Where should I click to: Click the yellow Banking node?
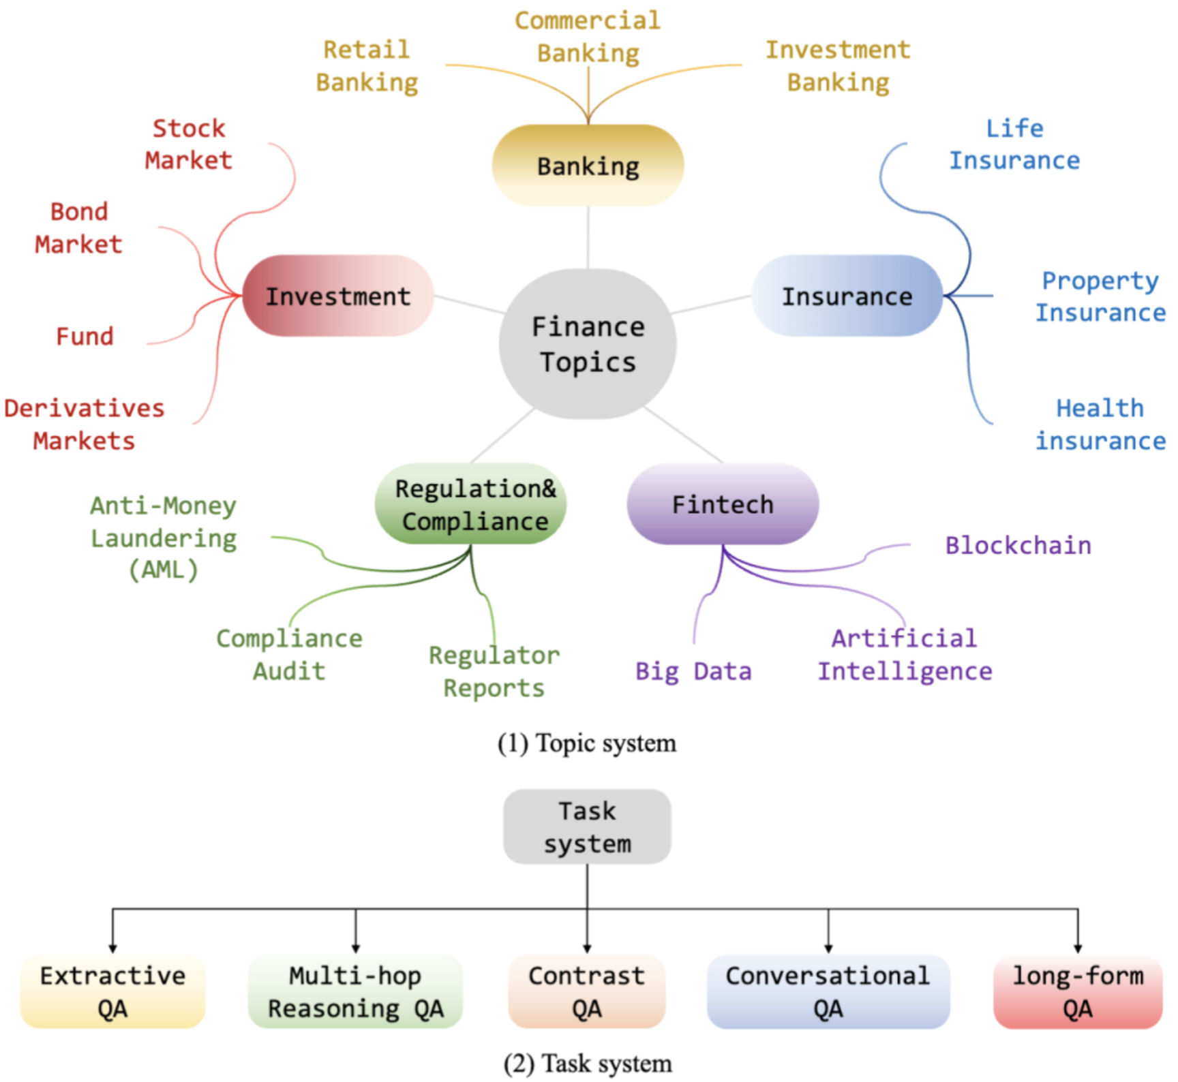coord(588,166)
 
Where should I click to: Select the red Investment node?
coord(337,296)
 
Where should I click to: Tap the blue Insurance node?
coord(847,296)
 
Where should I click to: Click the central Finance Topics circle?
coord(588,344)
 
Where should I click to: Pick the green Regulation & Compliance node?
coord(471,504)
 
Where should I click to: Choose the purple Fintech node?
coord(723,504)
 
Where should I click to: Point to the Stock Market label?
coord(189,144)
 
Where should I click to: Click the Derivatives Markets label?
coord(85,424)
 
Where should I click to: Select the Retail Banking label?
coord(367,65)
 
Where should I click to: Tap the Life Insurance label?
coord(1014,144)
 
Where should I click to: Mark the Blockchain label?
coord(1018,545)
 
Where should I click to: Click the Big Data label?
coord(693,671)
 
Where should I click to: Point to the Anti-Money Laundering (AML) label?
coord(164,538)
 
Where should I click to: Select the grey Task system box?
coord(587,826)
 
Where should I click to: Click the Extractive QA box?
coord(112,991)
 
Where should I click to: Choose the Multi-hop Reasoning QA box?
coord(355,991)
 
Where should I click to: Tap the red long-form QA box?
coord(1078,991)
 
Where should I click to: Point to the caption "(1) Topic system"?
coord(587,743)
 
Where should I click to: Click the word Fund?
coord(85,336)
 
